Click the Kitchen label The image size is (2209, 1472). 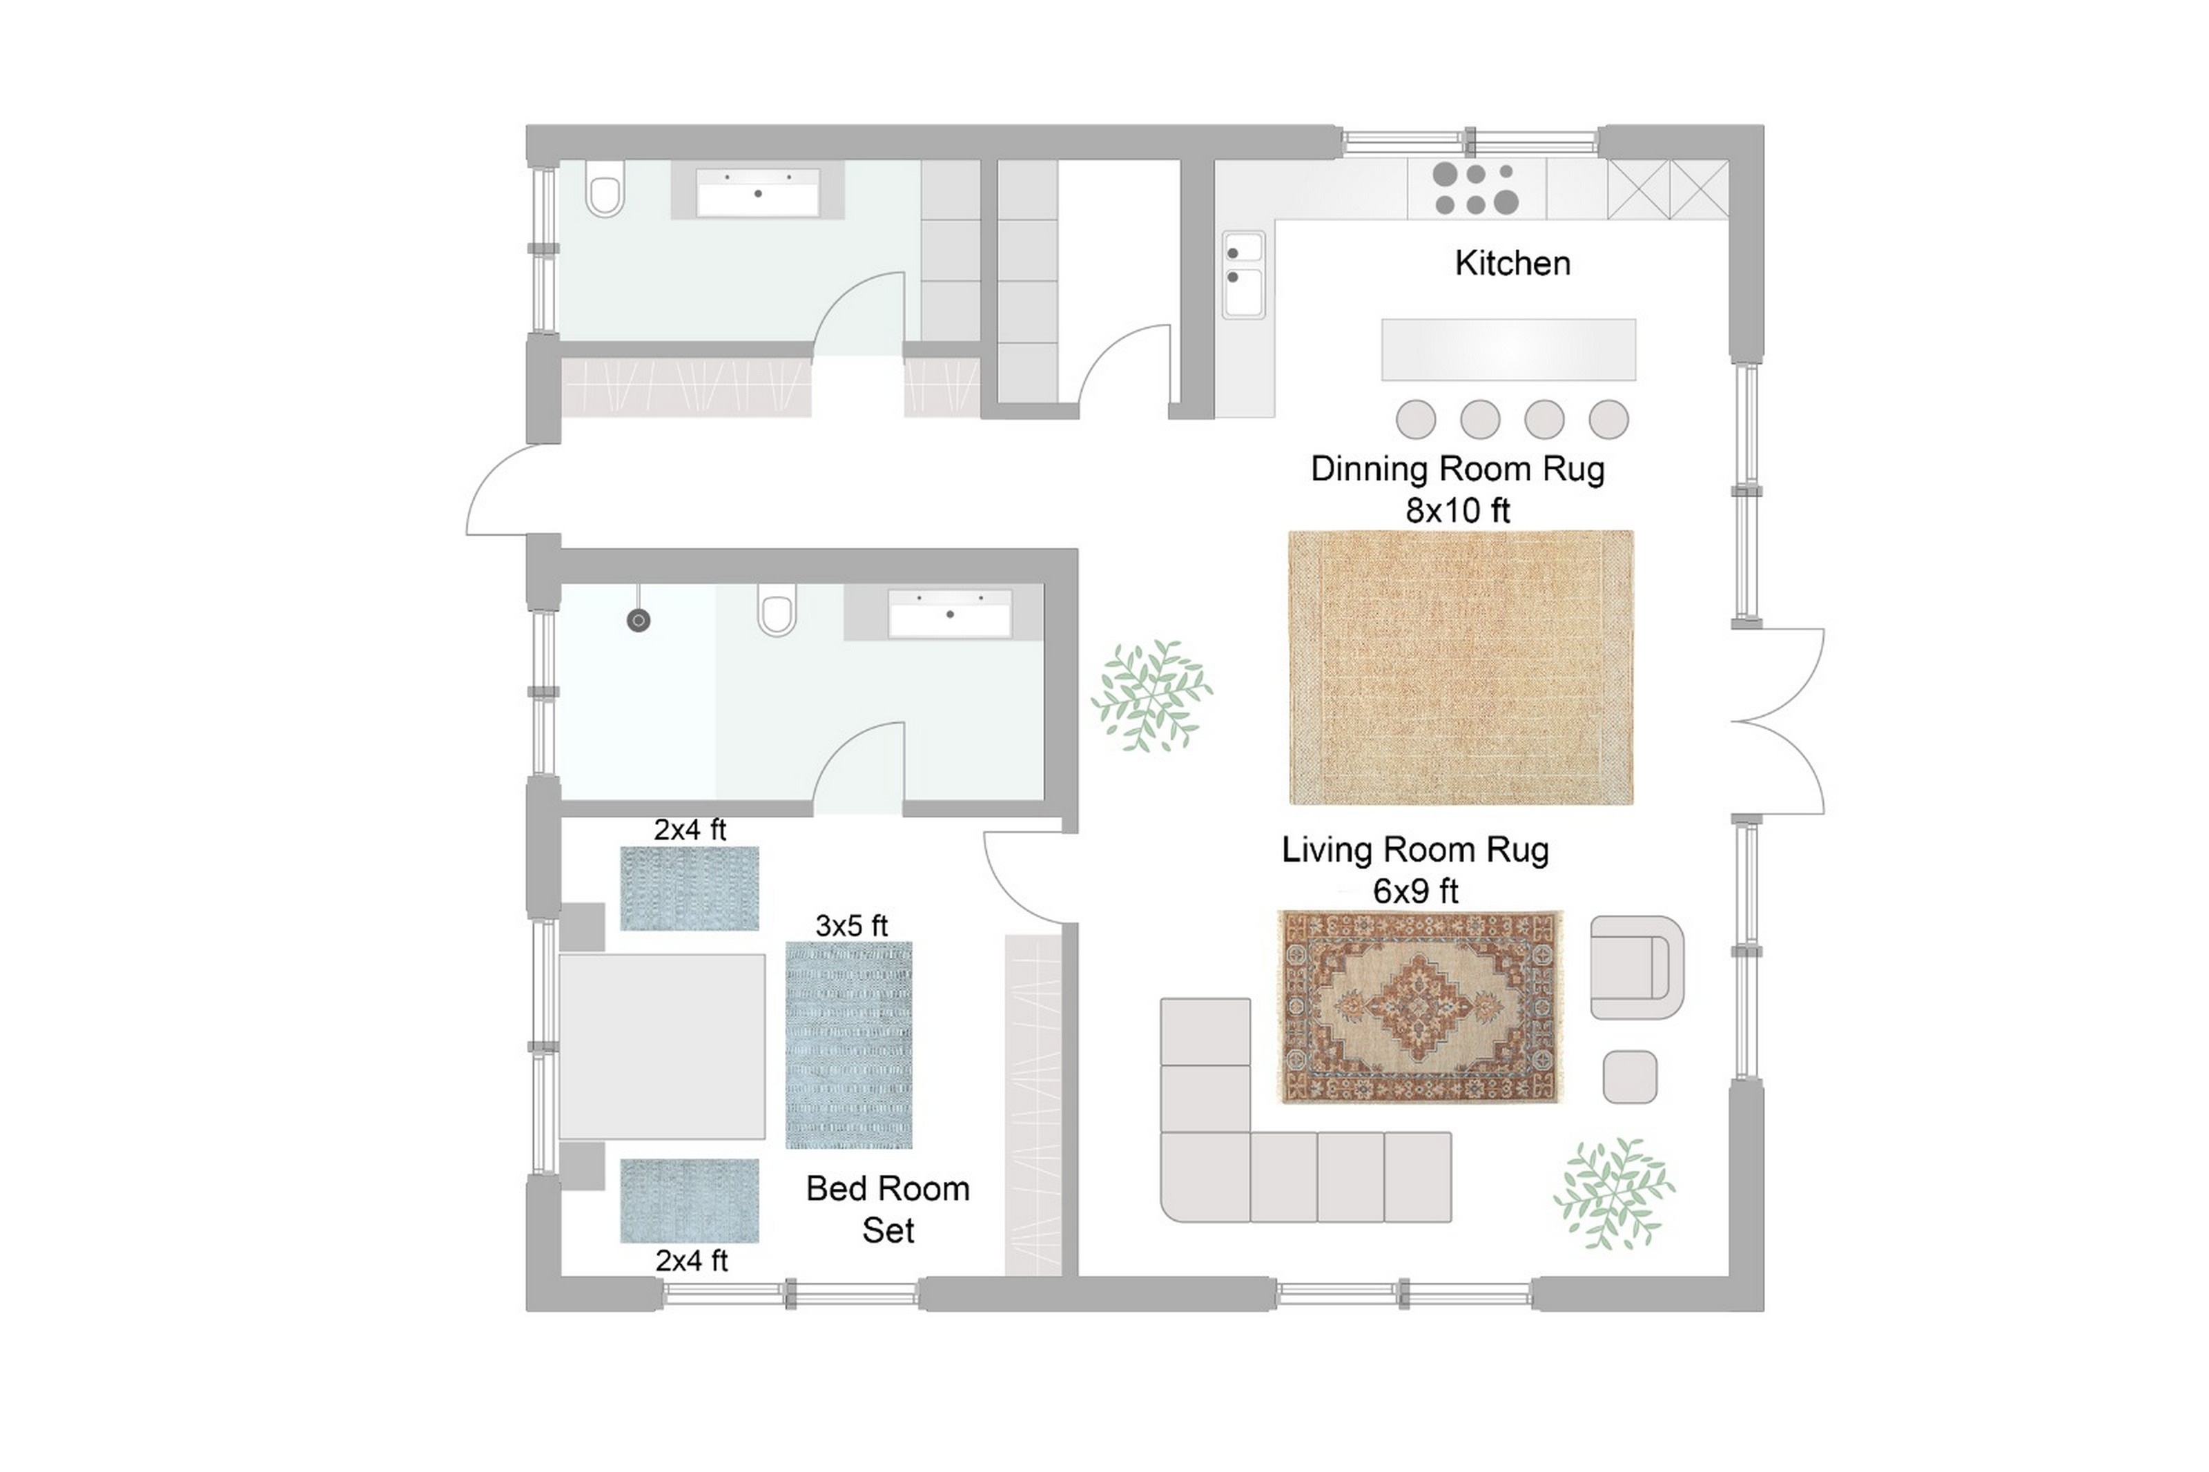(1512, 263)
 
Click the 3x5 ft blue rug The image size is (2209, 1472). (848, 1045)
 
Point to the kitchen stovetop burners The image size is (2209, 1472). (1476, 188)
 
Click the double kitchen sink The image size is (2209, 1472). (1243, 275)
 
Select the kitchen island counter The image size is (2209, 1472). (1508, 349)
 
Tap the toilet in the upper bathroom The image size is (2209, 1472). (605, 190)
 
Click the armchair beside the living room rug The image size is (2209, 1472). (1637, 968)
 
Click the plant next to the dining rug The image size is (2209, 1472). (1151, 696)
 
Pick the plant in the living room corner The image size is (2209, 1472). (1613, 1193)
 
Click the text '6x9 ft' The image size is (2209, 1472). (1415, 890)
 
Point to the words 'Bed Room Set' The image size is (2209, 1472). (888, 1209)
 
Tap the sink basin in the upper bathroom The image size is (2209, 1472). (757, 193)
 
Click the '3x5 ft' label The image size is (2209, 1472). (851, 926)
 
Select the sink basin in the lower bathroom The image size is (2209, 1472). (950, 614)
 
